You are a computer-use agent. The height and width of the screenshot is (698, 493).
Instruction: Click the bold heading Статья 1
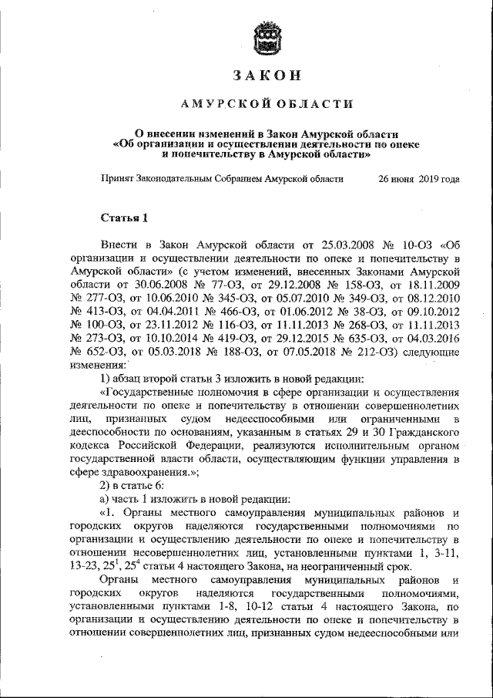pyautogui.click(x=124, y=216)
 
